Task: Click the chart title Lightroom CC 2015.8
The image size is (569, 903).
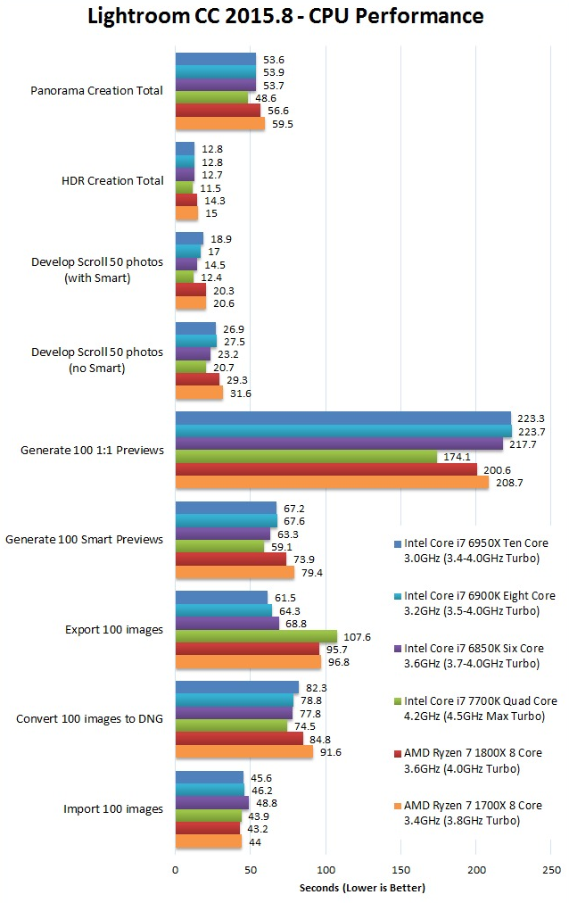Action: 285,16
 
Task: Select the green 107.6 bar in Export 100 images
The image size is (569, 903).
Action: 256,636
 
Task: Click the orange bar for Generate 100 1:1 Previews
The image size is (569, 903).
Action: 332,482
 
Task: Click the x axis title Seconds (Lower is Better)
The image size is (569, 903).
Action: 363,888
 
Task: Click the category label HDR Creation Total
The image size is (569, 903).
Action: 112,180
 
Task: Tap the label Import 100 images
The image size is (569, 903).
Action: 113,809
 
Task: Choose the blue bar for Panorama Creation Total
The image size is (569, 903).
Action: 215,59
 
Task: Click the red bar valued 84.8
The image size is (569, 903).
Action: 239,739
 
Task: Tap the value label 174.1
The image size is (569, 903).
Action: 454,457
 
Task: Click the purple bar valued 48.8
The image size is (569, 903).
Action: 211,802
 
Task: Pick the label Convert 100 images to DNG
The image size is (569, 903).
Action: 90,718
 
